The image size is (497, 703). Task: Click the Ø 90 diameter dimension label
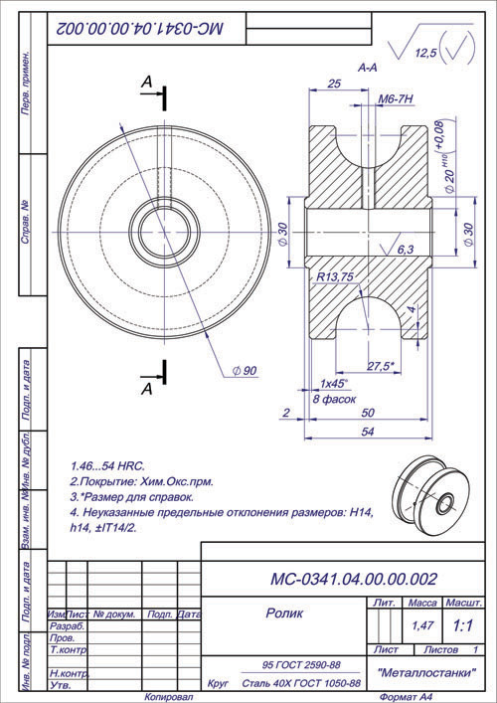(244, 371)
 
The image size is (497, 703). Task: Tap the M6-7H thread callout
(397, 100)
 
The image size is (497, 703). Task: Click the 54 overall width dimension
(367, 432)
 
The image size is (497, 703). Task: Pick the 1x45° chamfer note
(333, 383)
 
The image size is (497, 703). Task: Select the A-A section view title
(367, 68)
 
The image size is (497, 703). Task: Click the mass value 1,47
(422, 626)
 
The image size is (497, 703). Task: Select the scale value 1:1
(462, 626)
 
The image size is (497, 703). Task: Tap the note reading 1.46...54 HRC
(109, 465)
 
